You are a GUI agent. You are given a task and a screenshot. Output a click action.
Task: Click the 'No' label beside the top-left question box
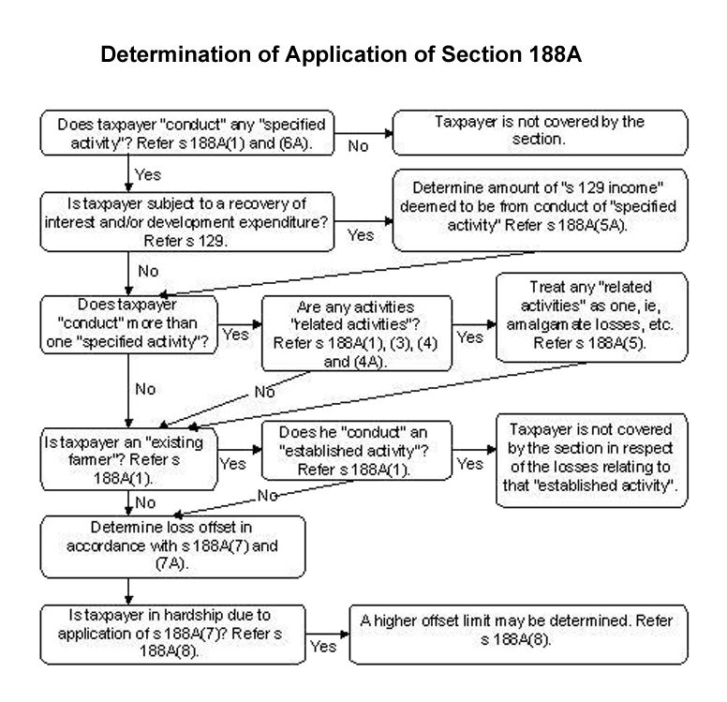359,146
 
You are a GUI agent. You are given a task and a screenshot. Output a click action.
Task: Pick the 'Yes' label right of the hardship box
322,646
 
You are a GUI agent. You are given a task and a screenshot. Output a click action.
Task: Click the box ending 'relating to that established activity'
596,462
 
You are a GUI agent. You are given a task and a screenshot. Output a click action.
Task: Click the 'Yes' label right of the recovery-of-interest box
361,235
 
